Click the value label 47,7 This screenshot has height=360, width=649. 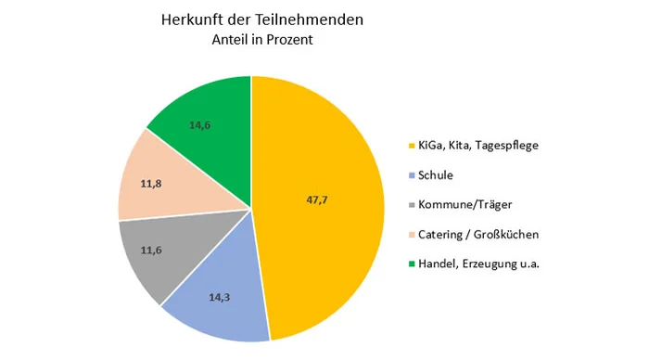click(317, 200)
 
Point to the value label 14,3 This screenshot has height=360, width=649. click(220, 297)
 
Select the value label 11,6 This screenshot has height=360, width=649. click(151, 251)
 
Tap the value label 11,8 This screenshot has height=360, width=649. click(151, 184)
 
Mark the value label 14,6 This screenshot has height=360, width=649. click(200, 125)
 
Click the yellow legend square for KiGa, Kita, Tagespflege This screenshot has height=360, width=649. click(412, 146)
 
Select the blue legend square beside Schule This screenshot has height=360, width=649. click(412, 175)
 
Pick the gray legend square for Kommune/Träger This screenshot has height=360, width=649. click(412, 205)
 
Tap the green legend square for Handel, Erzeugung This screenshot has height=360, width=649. click(412, 264)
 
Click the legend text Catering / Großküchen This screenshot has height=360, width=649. click(478, 235)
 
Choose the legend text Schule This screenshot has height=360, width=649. click(436, 175)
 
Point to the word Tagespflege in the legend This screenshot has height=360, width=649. click(506, 146)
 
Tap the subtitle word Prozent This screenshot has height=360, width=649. click(289, 40)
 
